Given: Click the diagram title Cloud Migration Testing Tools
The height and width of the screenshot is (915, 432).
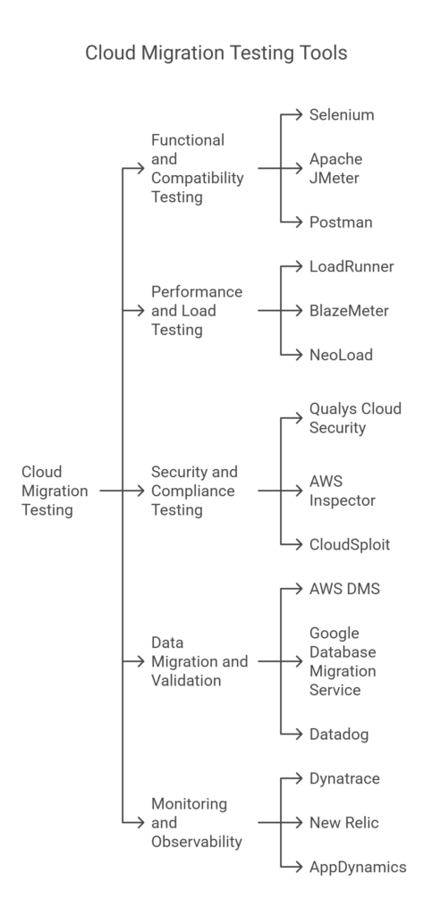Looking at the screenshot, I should (216, 53).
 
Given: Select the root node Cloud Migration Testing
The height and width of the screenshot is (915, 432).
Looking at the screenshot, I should (55, 491).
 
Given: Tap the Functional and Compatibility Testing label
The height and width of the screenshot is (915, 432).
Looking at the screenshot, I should (197, 168).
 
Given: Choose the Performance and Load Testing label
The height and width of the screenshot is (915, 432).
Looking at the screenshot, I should (196, 311).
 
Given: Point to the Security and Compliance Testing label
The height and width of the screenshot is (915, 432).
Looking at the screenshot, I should (194, 491).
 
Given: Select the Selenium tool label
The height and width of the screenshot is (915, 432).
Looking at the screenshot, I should (342, 115).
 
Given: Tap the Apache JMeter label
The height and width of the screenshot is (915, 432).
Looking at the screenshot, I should (335, 168).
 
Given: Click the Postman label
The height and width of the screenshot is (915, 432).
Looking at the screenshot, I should (341, 221).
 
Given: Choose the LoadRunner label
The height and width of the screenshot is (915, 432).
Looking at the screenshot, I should (351, 266).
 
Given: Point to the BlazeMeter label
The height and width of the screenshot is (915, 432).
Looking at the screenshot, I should (349, 311).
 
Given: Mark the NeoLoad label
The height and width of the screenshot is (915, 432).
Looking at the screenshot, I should (340, 355).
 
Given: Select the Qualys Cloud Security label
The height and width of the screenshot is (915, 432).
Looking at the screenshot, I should (354, 418).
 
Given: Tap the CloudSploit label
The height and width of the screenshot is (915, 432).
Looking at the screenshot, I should (349, 543).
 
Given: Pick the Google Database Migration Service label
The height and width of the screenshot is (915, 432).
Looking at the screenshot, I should (343, 662).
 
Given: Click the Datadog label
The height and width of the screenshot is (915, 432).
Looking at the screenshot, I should (339, 734).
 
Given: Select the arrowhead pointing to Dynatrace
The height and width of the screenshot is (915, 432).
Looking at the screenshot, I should (299, 778).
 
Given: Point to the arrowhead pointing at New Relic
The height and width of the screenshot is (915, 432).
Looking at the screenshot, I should (299, 822).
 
